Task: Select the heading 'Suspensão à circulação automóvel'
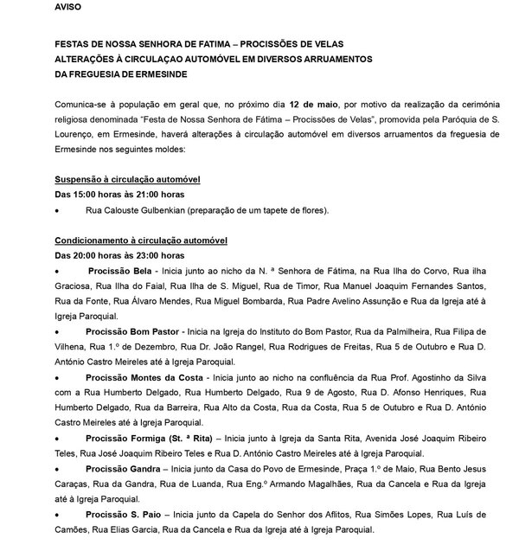pyautogui.click(x=127, y=178)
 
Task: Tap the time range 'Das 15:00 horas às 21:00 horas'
pyautogui.click(x=118, y=194)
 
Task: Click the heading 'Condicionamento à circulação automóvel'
pyautogui.click(x=141, y=240)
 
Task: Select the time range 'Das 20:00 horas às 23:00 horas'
pyautogui.click(x=118, y=255)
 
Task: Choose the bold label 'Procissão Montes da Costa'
pyautogui.click(x=144, y=378)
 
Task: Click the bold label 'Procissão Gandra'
pyautogui.click(x=121, y=469)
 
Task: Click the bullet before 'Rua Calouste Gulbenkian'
pyautogui.click(x=57, y=210)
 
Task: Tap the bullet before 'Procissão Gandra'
pyautogui.click(x=57, y=469)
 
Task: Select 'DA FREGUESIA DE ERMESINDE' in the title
pyautogui.click(x=129, y=74)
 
